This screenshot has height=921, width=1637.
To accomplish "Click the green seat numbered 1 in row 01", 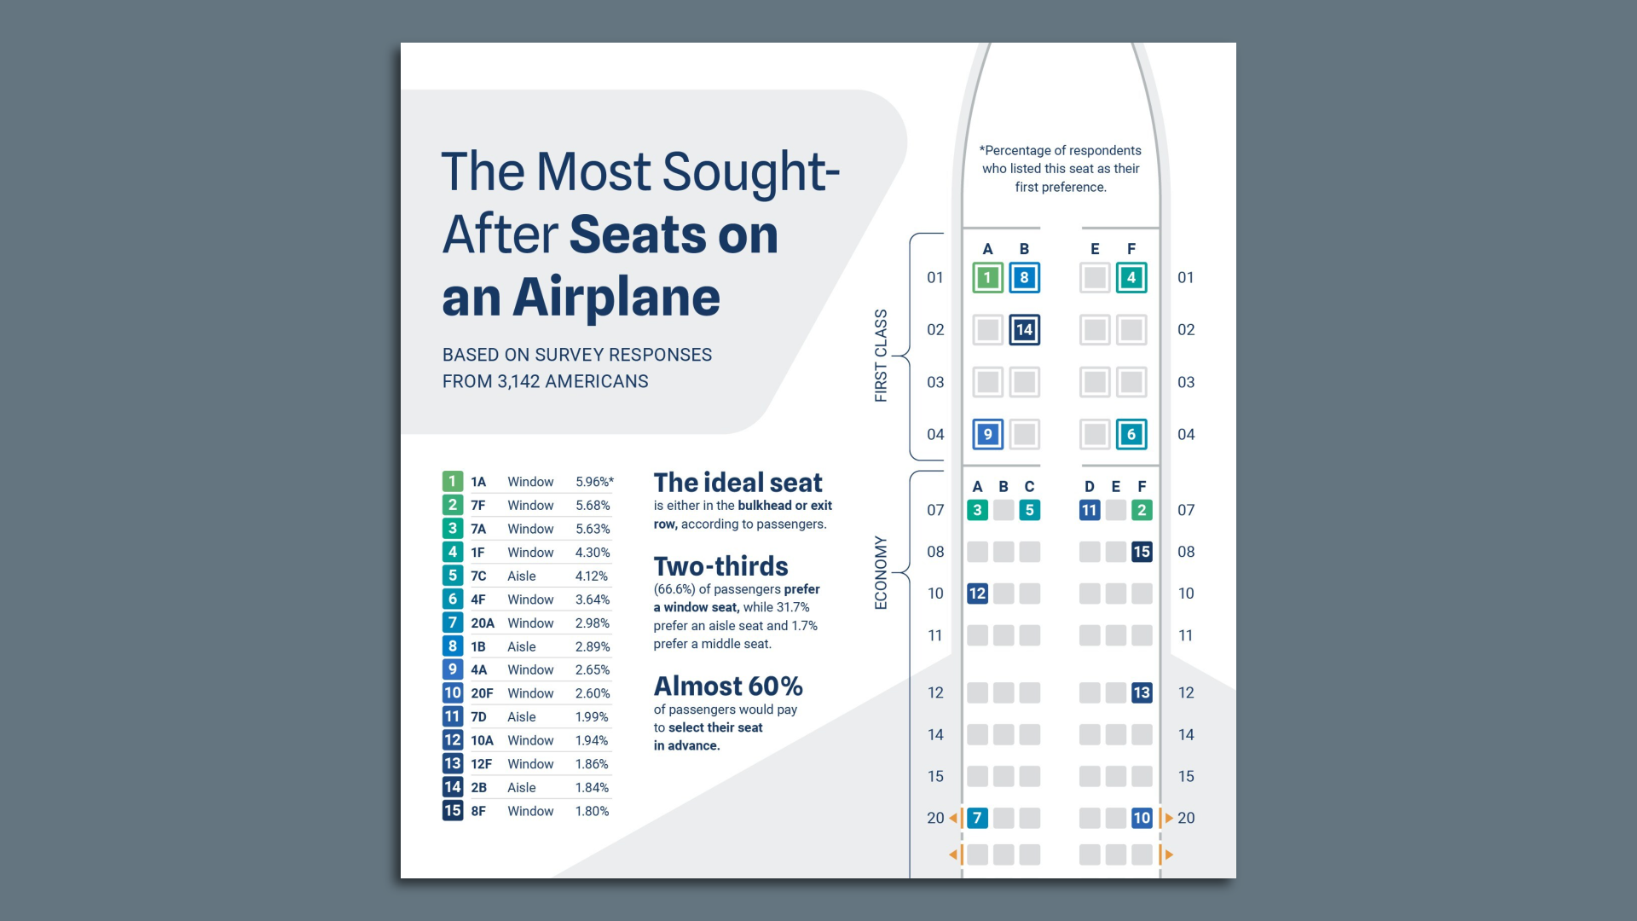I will (987, 278).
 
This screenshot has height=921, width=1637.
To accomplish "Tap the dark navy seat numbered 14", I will (1024, 330).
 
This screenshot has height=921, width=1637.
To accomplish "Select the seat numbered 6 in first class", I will (1131, 434).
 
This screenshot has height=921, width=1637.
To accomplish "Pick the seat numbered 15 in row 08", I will (1142, 552).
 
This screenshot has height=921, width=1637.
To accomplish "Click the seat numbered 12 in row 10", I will (977, 594).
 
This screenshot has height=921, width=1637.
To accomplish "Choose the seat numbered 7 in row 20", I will (977, 818).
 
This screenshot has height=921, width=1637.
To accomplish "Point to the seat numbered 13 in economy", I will (1142, 692).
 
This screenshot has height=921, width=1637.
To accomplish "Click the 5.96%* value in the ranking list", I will (594, 482).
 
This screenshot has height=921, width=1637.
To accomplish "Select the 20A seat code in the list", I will (483, 623).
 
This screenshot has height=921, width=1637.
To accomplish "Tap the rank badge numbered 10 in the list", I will (453, 693).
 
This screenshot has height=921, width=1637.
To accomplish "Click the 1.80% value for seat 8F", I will (592, 811).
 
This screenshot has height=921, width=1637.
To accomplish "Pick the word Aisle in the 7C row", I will (522, 576).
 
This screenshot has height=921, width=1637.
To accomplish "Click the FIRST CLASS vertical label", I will (881, 356).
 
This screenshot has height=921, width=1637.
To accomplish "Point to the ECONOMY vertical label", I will (881, 573).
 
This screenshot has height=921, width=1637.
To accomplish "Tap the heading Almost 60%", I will (728, 686).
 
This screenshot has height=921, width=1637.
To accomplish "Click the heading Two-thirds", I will (720, 567).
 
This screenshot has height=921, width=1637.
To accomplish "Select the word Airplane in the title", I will (616, 298).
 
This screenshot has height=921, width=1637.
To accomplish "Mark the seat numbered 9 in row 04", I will (987, 434).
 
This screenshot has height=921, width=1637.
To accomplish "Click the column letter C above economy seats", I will (1029, 487).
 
